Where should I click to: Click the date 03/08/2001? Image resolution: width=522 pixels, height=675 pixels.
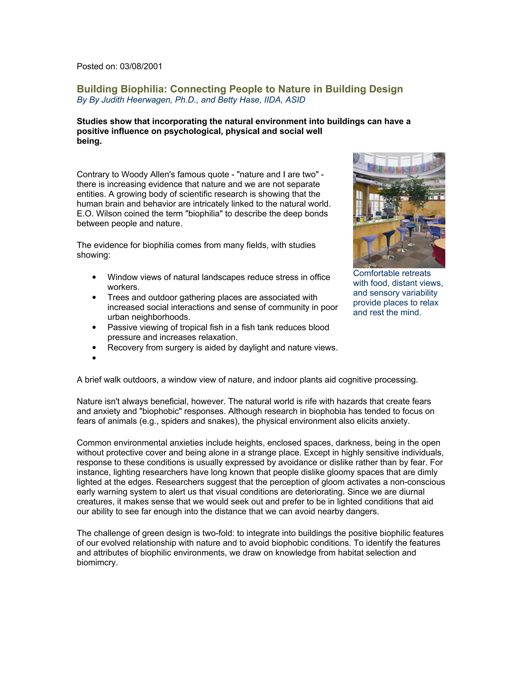click(141, 66)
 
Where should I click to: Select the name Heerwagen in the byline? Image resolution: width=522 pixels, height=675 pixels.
click(150, 100)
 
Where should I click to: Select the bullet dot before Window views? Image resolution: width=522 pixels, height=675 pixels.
click(94, 277)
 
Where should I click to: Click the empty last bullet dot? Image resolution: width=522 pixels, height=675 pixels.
click(94, 358)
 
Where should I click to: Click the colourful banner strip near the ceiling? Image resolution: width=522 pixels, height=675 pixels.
click(399, 169)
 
